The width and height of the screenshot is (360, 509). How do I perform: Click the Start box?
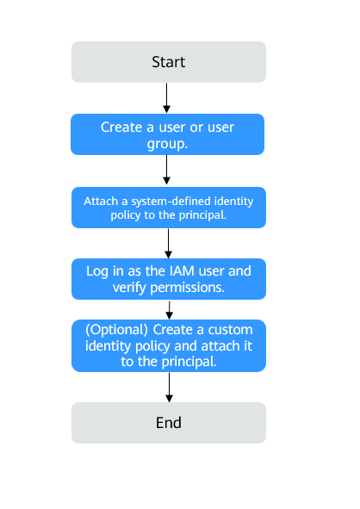(169, 62)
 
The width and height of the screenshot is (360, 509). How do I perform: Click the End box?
(169, 423)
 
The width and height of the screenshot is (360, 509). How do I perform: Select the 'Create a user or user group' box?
(168, 135)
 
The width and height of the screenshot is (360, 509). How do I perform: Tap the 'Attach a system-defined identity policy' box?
(168, 208)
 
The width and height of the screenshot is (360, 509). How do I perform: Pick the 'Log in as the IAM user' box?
(169, 279)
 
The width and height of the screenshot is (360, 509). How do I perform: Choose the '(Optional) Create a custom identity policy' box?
(169, 346)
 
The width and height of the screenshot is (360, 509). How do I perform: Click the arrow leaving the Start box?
(168, 97)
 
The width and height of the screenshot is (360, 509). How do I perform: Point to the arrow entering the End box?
(169, 387)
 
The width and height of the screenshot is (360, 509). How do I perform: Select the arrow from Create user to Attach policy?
(168, 171)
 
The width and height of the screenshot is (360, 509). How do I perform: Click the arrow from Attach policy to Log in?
(169, 243)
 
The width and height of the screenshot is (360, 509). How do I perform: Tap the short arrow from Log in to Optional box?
(169, 309)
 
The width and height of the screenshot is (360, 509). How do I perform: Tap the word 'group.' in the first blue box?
(169, 144)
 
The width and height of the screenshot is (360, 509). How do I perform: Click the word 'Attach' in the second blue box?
(101, 201)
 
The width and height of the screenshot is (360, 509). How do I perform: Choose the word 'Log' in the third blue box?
(98, 271)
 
